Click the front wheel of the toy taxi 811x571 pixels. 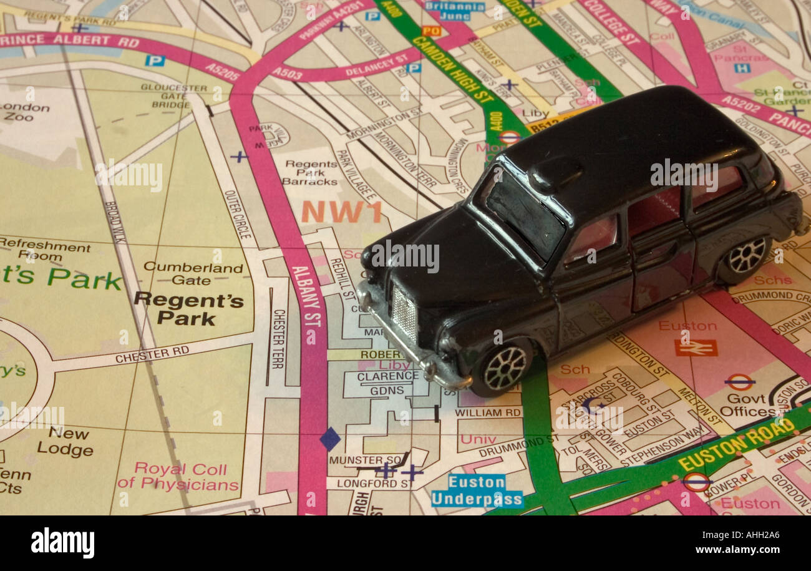click(504, 368)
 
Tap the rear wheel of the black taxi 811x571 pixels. click(746, 255)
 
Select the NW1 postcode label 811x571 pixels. click(341, 212)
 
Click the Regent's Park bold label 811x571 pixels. click(188, 308)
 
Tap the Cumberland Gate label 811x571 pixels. click(193, 274)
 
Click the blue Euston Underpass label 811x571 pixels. click(477, 490)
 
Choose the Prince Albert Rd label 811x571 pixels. click(70, 41)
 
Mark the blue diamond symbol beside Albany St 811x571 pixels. click(330, 439)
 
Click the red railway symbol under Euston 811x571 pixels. click(695, 348)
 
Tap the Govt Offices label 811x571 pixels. click(747, 405)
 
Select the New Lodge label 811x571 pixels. click(65, 441)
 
